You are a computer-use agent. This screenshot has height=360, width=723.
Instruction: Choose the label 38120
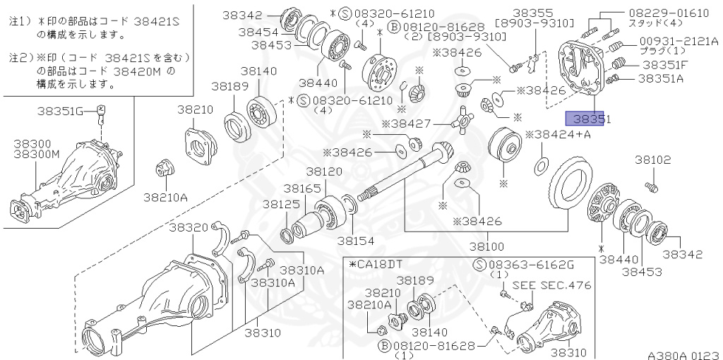coord(324,172)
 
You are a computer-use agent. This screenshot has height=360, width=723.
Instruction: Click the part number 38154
coord(355,241)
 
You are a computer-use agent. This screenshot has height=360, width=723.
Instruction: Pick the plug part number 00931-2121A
coord(679,42)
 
